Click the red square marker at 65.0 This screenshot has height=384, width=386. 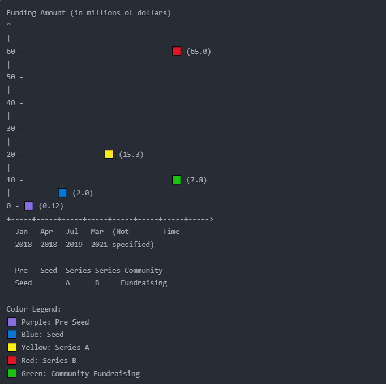tap(177, 51)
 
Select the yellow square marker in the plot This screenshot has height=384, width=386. tap(109, 154)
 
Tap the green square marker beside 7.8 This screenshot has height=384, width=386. tap(177, 180)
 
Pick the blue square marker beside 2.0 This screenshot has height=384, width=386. tap(63, 193)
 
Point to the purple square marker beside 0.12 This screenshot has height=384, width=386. tap(29, 206)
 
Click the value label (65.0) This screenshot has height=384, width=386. tap(198, 51)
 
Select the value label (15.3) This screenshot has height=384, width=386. tap(131, 154)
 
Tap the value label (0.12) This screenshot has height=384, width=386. tap(51, 206)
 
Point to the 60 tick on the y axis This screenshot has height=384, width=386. tap(11, 51)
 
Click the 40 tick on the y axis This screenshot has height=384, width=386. tap(11, 103)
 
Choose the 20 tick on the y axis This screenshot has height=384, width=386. tap(11, 154)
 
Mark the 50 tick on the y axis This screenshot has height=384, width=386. tap(11, 76)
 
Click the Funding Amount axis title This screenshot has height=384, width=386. tap(88, 12)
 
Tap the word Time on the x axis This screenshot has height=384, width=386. tap(171, 231)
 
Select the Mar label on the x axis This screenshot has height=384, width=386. tap(97, 231)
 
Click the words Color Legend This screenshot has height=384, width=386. tap(33, 309)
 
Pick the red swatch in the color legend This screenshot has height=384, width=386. tap(12, 360)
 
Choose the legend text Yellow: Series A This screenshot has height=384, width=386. tap(55, 347)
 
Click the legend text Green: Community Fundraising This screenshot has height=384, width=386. tap(80, 373)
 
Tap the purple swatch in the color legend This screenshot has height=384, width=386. tap(12, 322)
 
